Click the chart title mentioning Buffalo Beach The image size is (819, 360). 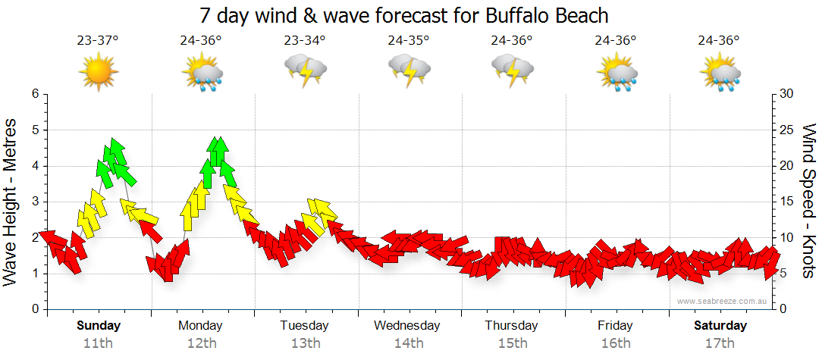click(404, 14)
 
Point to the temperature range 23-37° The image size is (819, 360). click(97, 41)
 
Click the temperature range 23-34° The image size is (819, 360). click(305, 41)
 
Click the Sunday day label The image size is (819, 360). click(98, 326)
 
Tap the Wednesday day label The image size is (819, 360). click(406, 326)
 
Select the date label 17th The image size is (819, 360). click(720, 343)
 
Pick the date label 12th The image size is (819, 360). click(201, 343)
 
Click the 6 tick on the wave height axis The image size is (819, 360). click(35, 94)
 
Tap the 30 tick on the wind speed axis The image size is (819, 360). click(787, 94)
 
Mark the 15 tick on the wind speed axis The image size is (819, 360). click(787, 202)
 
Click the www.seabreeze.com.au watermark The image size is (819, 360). click(723, 301)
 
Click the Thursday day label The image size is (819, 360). click(512, 326)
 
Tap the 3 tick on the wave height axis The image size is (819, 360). click(35, 202)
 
